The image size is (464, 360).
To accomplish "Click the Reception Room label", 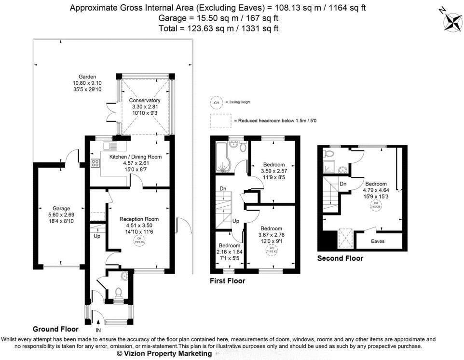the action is click(139, 219).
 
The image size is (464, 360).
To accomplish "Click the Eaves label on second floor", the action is click(378, 241).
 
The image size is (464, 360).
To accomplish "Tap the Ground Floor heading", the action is click(55, 329).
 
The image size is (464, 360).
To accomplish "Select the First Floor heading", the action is click(227, 280).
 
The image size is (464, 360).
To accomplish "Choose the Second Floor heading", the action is click(340, 258).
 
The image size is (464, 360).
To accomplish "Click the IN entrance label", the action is click(98, 330).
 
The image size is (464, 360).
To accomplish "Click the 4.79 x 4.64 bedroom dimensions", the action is click(376, 190).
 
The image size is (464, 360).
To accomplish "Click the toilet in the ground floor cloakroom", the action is click(119, 292).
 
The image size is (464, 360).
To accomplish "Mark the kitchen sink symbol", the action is click(108, 145).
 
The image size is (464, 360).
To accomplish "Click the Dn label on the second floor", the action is click(343, 184).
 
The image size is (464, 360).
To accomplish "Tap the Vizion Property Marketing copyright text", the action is click(164, 353).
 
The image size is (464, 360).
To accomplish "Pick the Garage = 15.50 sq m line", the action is click(218, 18).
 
